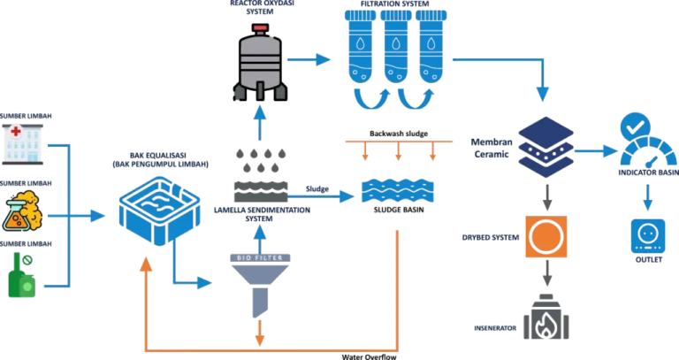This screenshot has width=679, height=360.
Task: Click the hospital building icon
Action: tap(22, 144)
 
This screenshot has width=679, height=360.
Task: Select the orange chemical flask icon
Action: tap(21, 211)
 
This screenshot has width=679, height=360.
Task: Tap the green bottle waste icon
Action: tap(21, 275)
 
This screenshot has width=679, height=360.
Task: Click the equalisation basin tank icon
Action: tap(159, 211)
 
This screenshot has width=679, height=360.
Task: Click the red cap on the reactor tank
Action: tap(260, 28)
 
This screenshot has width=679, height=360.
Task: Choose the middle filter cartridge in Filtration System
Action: tap(396, 47)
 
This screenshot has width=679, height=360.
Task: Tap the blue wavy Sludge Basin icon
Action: tap(398, 191)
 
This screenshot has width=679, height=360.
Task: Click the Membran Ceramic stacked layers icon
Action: tap(545, 147)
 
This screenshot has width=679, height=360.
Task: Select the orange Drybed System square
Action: tap(546, 237)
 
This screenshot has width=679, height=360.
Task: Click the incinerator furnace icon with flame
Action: tap(546, 317)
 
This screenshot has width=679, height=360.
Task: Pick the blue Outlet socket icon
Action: tap(648, 236)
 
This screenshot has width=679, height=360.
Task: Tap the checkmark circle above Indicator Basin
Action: tap(636, 127)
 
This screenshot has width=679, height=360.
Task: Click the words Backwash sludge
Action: tap(399, 134)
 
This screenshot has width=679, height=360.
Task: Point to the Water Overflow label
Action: tap(369, 356)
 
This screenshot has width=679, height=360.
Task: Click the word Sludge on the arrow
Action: tap(317, 189)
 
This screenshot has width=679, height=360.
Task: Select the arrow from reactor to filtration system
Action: tap(309, 59)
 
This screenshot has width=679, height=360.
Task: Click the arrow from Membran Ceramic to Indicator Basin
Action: tap(596, 150)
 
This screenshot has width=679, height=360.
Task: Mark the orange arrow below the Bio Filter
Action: tap(259, 333)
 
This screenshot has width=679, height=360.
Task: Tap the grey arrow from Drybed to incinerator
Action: tap(547, 273)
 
